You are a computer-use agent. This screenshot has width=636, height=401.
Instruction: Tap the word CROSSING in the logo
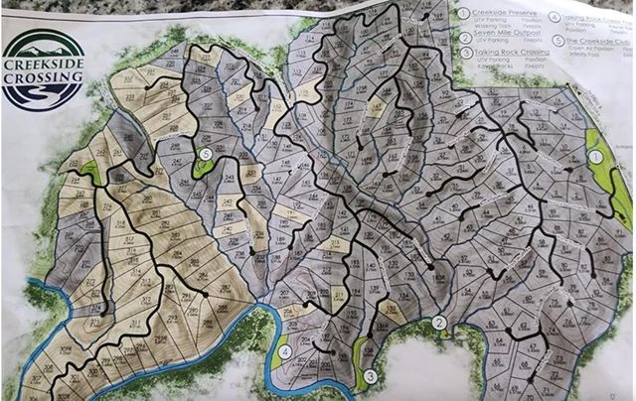pos(43,72)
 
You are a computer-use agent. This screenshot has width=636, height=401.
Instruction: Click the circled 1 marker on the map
pos(595,156)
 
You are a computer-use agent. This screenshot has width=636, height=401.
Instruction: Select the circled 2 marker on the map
pos(438,322)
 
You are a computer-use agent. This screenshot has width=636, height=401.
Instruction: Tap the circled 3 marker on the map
pos(370,375)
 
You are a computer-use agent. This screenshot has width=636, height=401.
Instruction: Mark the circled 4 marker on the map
pos(284,351)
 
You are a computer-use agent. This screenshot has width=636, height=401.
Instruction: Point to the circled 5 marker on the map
pos(205,155)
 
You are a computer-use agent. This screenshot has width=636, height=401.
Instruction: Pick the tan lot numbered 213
pos(336,244)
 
